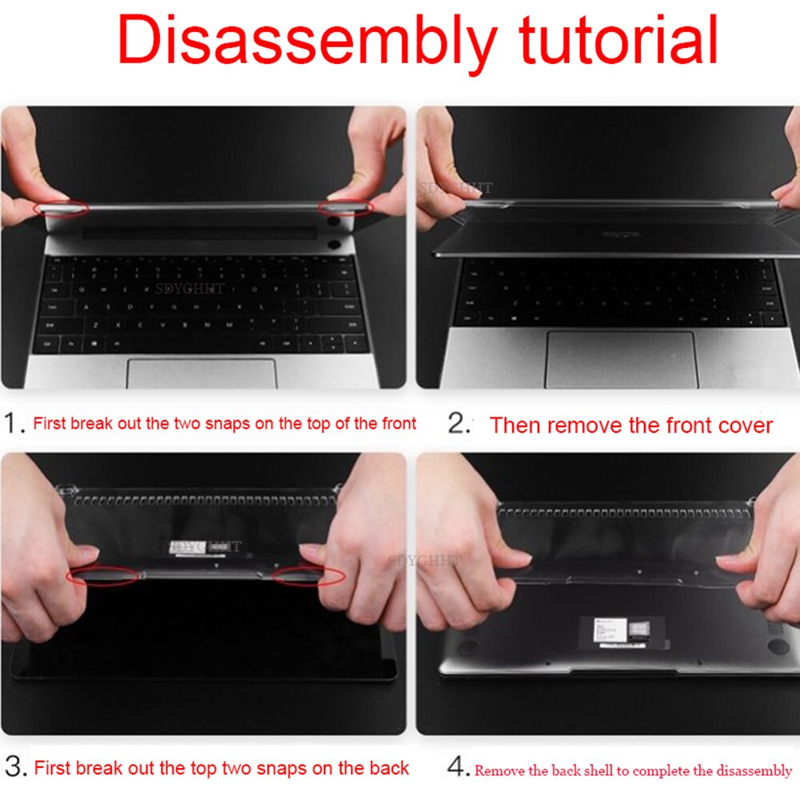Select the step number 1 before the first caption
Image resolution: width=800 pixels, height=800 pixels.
pos(14,423)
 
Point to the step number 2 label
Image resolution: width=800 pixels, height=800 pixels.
pos(458,424)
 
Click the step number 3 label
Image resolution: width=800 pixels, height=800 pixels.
pos(14,768)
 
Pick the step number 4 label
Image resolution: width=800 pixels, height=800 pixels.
pos(458,769)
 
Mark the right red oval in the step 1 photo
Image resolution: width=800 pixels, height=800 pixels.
pos(345,208)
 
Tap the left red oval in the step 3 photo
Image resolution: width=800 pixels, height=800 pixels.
pos(103,576)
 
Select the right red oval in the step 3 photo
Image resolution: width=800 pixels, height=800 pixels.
pos(308,575)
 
